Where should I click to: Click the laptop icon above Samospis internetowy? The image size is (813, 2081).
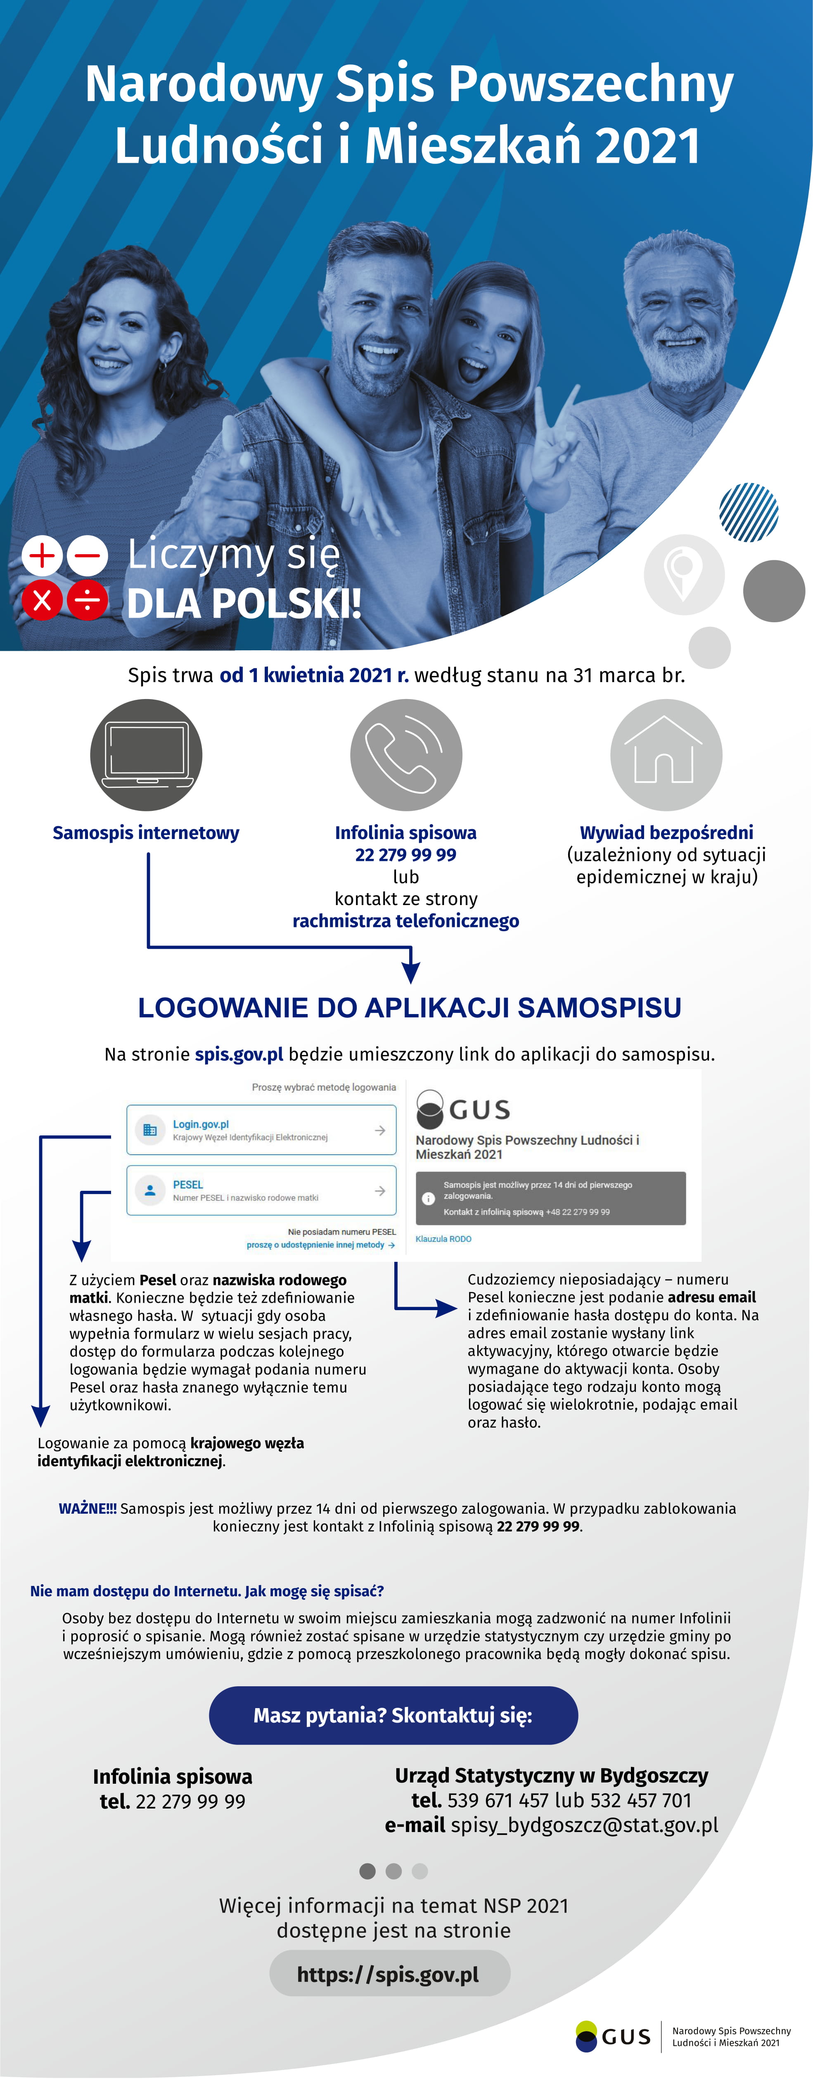click(146, 754)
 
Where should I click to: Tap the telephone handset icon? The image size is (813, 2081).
click(406, 754)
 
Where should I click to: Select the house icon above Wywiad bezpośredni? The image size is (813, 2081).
click(666, 754)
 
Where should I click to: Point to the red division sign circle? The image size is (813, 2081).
click(87, 600)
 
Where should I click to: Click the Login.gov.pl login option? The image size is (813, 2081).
click(261, 1129)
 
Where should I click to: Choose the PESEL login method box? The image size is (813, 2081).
click(261, 1190)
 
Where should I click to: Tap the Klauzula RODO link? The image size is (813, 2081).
click(443, 1238)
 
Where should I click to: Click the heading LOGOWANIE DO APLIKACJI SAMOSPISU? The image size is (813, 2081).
click(410, 1007)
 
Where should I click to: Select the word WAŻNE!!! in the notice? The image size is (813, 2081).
click(87, 1508)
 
